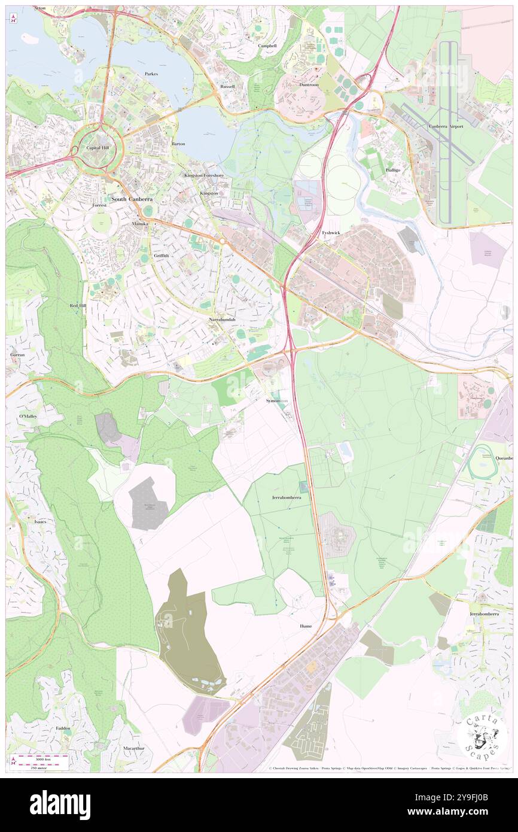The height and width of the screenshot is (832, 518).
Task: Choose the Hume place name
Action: click(x=306, y=625)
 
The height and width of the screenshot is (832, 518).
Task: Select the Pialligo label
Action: click(x=393, y=169)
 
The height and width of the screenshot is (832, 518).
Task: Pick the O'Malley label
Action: click(x=28, y=416)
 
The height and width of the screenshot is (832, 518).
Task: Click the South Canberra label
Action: click(x=132, y=199)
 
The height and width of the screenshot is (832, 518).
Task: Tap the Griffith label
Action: click(x=161, y=256)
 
